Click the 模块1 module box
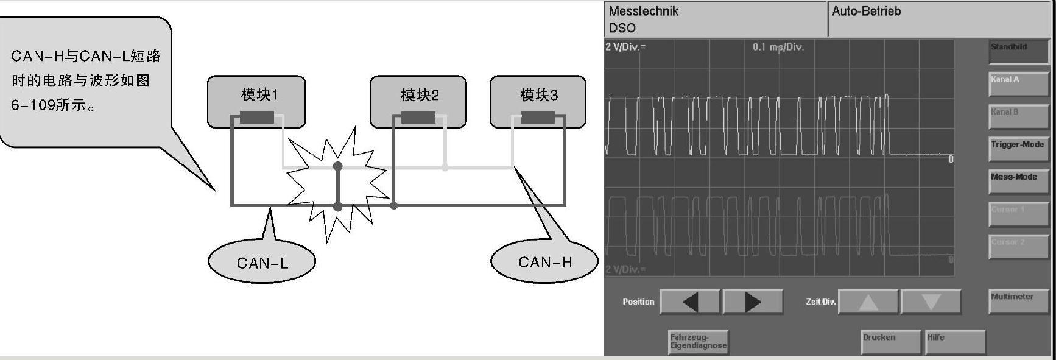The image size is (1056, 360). tap(256, 101)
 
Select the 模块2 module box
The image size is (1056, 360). tap(418, 101)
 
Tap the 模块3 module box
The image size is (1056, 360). tap(538, 101)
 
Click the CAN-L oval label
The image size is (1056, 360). tap(262, 263)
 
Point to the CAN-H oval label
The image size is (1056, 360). tap(544, 263)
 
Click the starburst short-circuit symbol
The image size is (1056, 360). tap(337, 183)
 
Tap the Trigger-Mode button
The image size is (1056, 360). tap(1019, 149)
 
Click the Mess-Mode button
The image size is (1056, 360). tap(1019, 181)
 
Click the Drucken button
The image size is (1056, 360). tap(890, 341)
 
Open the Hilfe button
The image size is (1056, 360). tap(954, 341)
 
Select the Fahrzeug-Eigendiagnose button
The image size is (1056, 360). tap(698, 341)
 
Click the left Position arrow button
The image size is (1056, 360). tap(690, 302)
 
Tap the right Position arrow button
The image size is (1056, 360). tap(753, 302)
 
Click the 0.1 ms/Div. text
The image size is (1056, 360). tap(778, 47)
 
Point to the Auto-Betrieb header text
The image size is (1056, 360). tap(866, 11)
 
